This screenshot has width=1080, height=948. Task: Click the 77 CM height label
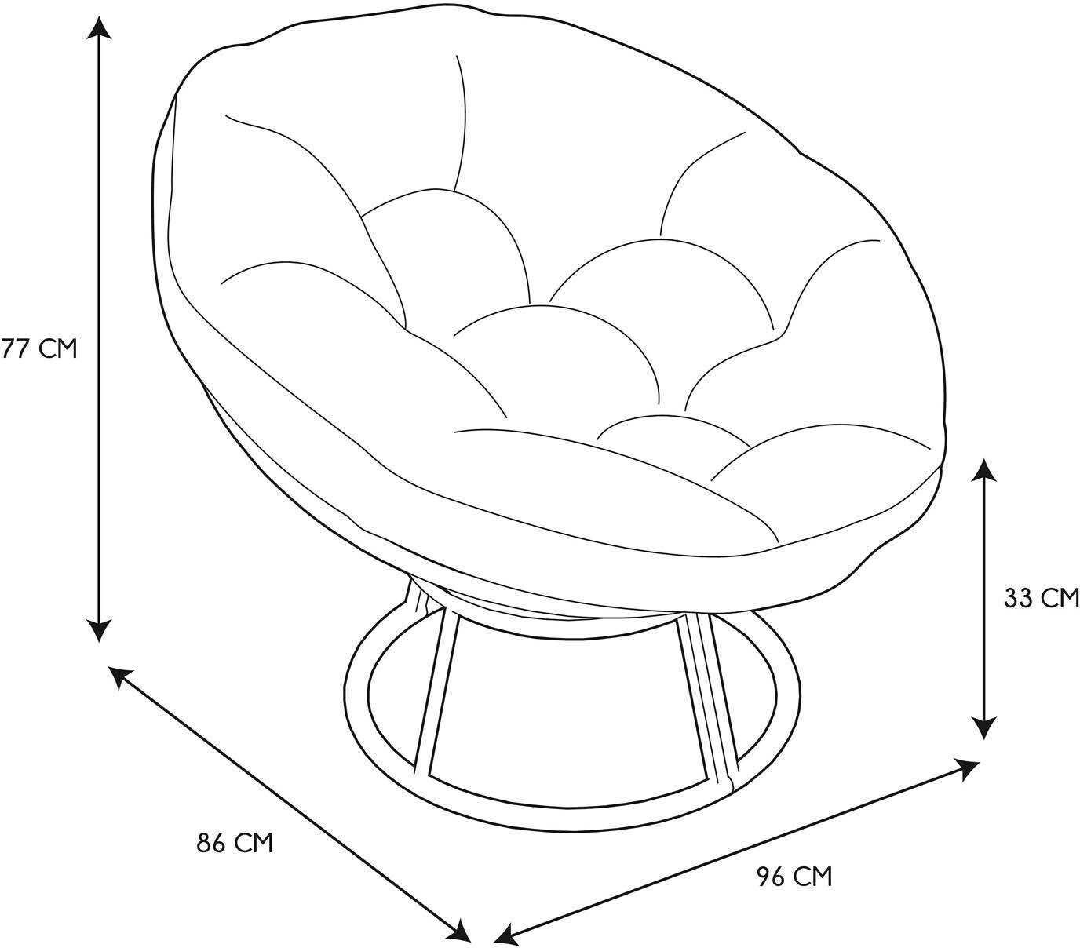pyautogui.click(x=39, y=348)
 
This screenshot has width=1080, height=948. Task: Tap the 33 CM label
pyautogui.click(x=1042, y=598)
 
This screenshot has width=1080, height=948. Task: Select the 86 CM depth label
pyautogui.click(x=235, y=843)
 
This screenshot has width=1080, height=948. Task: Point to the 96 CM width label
pyautogui.click(x=794, y=876)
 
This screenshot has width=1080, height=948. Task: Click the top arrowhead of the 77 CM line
pyautogui.click(x=99, y=27)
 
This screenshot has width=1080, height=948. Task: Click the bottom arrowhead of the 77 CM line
pyautogui.click(x=99, y=629)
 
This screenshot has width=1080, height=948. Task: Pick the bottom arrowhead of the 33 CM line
pyautogui.click(x=984, y=727)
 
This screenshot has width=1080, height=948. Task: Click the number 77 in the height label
pyautogui.click(x=14, y=348)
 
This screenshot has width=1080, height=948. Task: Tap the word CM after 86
pyautogui.click(x=254, y=843)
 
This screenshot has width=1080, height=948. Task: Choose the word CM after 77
pyautogui.click(x=58, y=348)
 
